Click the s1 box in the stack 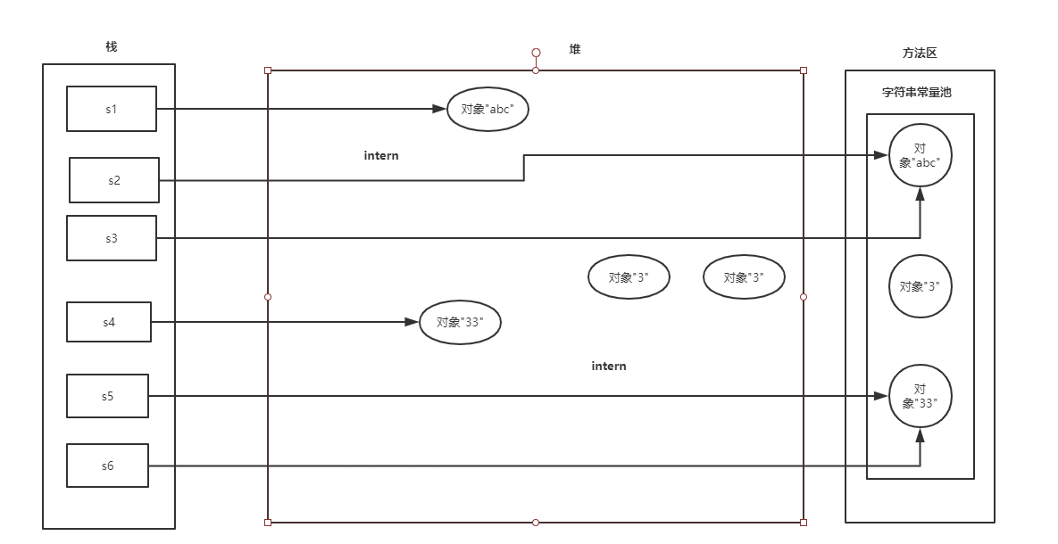tap(112, 109)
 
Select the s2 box tap(114, 180)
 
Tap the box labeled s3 tap(112, 238)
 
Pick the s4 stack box tap(109, 322)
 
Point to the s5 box tap(108, 396)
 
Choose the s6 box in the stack tap(108, 466)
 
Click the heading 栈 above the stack tap(111, 46)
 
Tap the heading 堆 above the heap tap(575, 49)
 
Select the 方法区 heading tap(920, 54)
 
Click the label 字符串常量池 tap(917, 92)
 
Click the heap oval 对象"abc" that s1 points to tap(487, 109)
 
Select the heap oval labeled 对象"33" tap(460, 323)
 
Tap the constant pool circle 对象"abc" tap(921, 155)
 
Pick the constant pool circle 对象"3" tap(920, 286)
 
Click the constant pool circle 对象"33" tap(921, 396)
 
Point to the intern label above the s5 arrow tap(609, 366)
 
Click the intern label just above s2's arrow tap(381, 155)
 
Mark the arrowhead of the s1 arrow tap(438, 109)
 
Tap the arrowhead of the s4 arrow tap(412, 322)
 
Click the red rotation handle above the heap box tap(536, 53)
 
